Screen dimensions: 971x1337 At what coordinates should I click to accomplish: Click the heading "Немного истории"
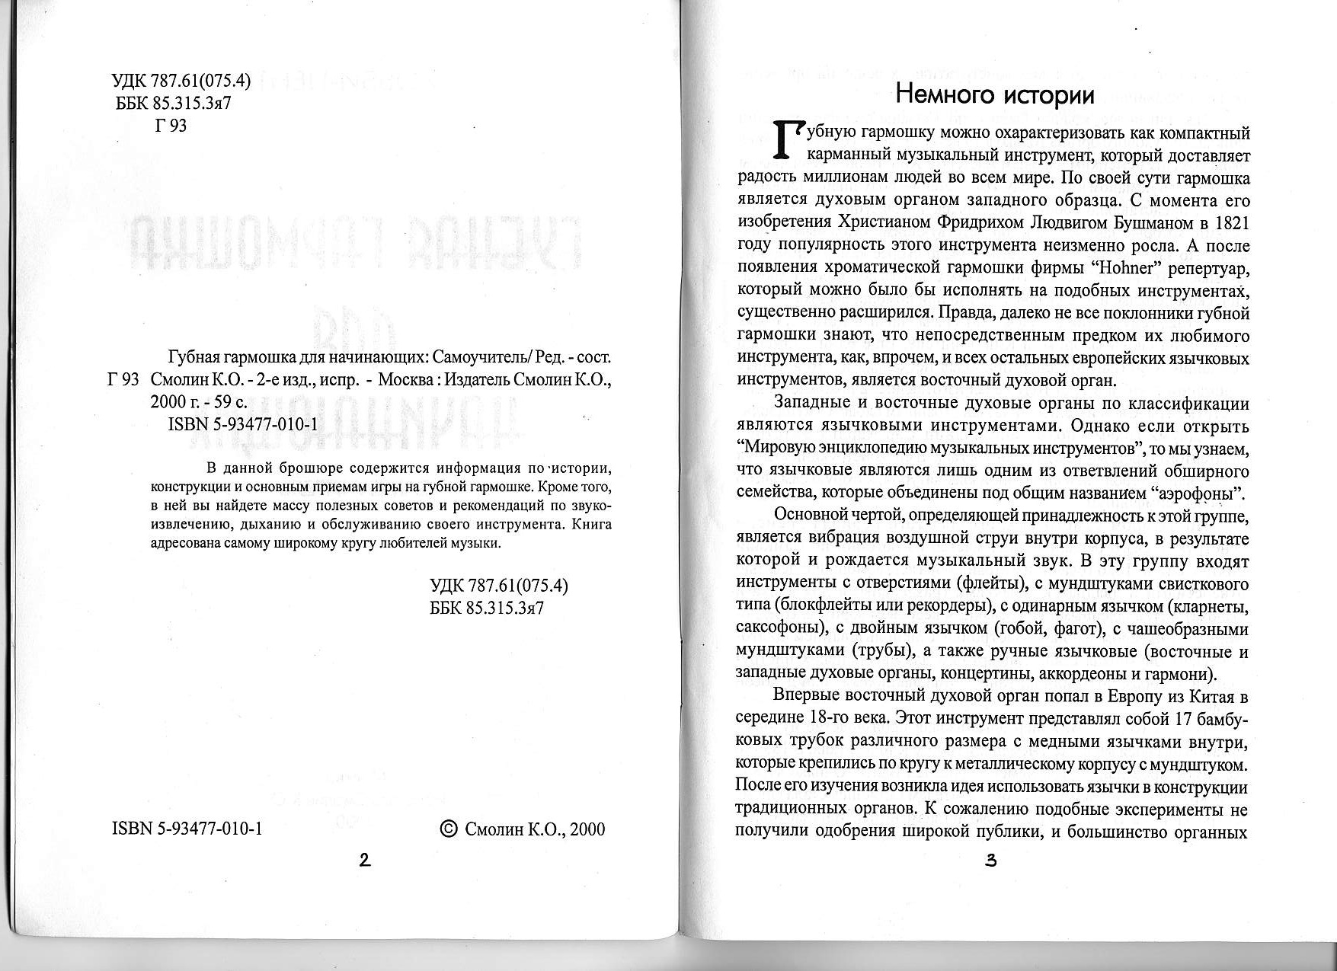tap(995, 94)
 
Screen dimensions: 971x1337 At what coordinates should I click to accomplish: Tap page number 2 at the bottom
tap(364, 861)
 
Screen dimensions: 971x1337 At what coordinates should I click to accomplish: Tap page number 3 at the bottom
tap(990, 861)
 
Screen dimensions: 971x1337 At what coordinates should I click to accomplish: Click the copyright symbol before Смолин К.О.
tap(449, 829)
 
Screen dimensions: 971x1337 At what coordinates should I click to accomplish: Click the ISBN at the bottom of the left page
tap(187, 829)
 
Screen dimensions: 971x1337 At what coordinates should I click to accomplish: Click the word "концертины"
tap(987, 674)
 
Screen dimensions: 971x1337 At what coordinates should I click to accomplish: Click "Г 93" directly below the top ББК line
tap(171, 126)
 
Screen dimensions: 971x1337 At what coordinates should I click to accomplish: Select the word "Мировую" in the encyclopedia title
tap(780, 447)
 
